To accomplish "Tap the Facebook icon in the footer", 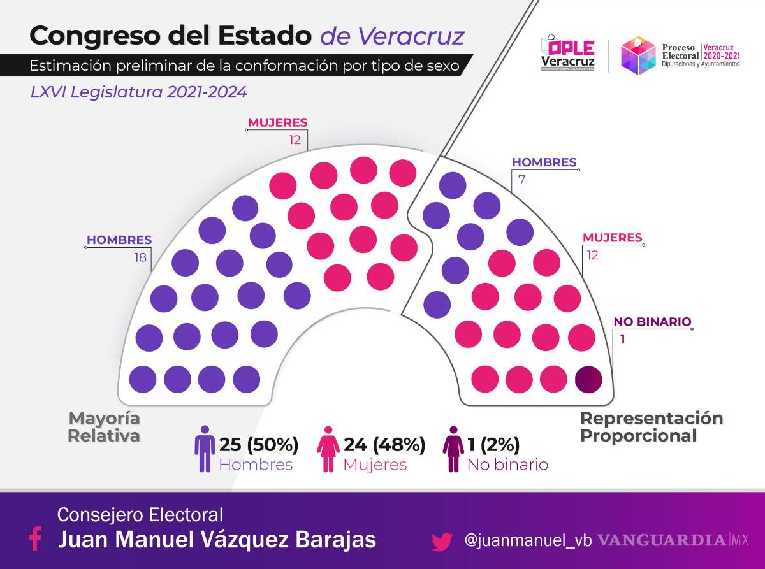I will pos(36,539).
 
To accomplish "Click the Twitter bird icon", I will pos(442,542).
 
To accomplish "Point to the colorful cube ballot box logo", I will pos(638,55).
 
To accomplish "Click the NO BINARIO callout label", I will pos(652,322).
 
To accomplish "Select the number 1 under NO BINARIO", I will pos(622,339).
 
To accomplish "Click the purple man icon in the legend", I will pos(205,449).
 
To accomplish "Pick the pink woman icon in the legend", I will pos(328,449).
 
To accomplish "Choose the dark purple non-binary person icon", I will pos(453,449).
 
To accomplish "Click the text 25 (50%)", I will pos(259,444).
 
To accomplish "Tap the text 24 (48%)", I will pos(384,444).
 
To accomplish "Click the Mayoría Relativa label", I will pos(104,428).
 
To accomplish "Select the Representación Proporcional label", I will pos(651,428).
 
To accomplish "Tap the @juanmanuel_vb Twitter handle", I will pos(528,541).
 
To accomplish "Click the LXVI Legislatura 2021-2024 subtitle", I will pos(138,92).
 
